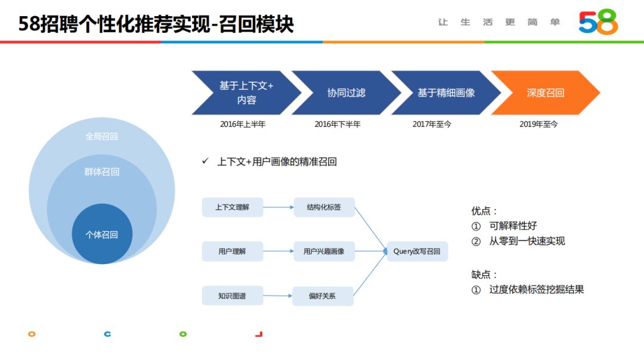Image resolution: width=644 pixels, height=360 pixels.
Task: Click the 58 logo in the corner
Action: point(598,23)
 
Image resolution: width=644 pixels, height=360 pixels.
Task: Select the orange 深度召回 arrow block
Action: point(544,93)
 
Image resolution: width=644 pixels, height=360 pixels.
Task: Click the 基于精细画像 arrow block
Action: point(445,93)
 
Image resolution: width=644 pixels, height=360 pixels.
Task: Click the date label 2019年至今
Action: point(538,125)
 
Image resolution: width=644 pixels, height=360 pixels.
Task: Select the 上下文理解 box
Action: point(233,207)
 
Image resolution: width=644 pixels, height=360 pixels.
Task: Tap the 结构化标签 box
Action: point(324,207)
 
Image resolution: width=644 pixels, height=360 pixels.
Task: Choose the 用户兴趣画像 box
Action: point(324,252)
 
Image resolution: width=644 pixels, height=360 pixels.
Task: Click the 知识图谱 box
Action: point(233,296)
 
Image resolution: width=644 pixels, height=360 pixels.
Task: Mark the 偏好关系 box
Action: point(323,296)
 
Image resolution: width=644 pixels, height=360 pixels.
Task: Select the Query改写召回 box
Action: point(417,252)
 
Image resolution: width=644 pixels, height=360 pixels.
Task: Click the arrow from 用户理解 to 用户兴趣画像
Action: point(278,252)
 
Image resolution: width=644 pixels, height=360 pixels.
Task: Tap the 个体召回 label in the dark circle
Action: point(102,235)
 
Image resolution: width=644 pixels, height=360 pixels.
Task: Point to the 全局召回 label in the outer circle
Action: point(102,136)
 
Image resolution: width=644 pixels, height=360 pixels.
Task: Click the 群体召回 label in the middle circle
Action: point(102,172)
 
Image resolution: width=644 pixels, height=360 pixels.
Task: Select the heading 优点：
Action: point(484,211)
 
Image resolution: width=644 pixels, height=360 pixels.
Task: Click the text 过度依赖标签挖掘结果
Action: point(536,290)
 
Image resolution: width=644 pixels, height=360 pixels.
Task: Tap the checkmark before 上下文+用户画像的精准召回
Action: point(205,162)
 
